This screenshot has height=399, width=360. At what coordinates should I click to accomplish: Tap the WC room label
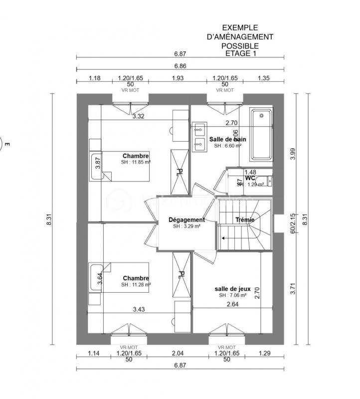250,178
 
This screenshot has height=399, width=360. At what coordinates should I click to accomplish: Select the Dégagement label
186,219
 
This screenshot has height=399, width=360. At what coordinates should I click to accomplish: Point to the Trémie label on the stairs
245,219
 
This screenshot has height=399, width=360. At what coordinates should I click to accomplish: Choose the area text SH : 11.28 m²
136,285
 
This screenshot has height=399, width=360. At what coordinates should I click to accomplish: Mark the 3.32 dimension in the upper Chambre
138,117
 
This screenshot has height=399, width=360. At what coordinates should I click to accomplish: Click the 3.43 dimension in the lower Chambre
139,310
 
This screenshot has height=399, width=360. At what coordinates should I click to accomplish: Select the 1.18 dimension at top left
95,78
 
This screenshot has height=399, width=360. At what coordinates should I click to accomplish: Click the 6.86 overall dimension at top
180,66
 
